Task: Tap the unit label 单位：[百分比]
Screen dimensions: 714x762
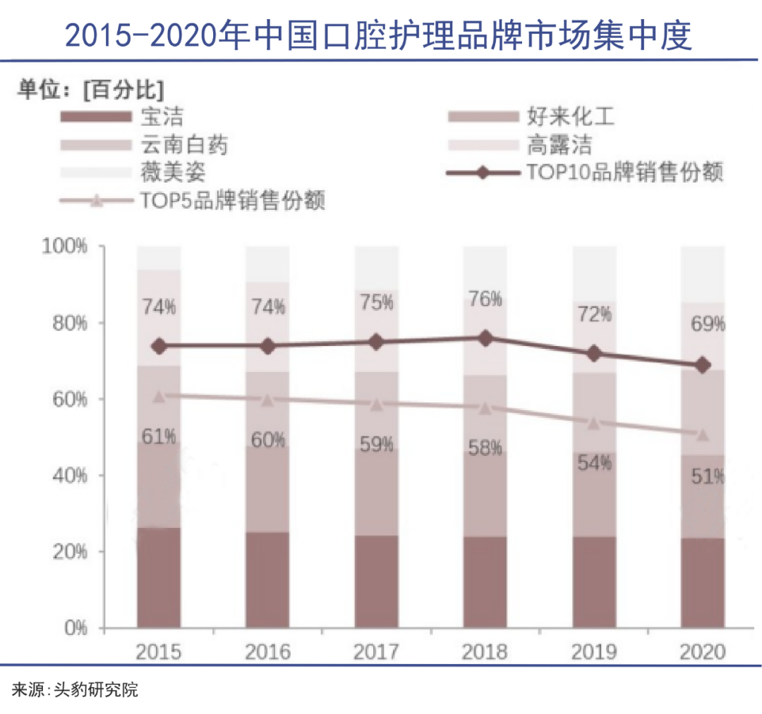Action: tap(90, 90)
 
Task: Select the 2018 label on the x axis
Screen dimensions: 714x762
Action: tap(484, 651)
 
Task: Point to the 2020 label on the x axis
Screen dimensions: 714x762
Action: tap(702, 651)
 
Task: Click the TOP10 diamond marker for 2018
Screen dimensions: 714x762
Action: tap(485, 338)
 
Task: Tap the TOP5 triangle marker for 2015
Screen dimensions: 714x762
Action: tap(159, 396)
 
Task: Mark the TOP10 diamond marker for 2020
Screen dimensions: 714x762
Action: tap(703, 365)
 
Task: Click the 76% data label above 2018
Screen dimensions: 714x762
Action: tap(485, 299)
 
